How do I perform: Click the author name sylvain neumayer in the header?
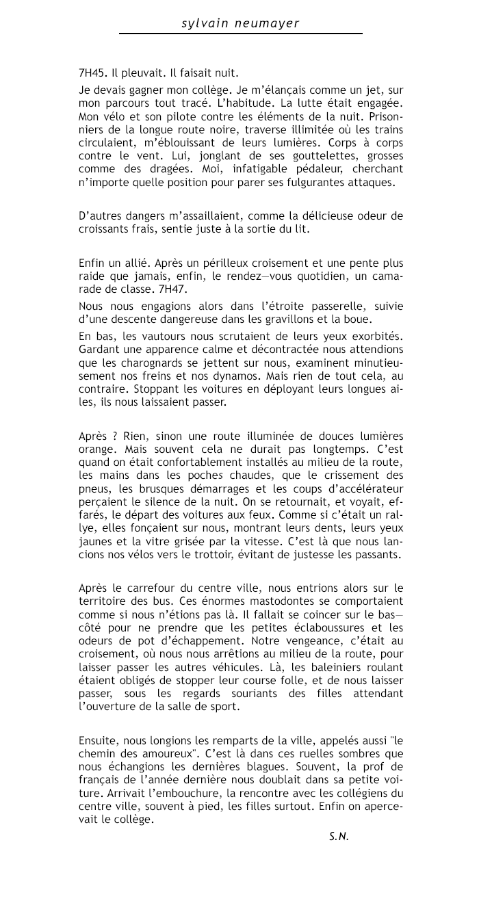[240, 23]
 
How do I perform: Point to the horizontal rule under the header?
[240, 34]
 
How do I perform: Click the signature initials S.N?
[339, 836]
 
